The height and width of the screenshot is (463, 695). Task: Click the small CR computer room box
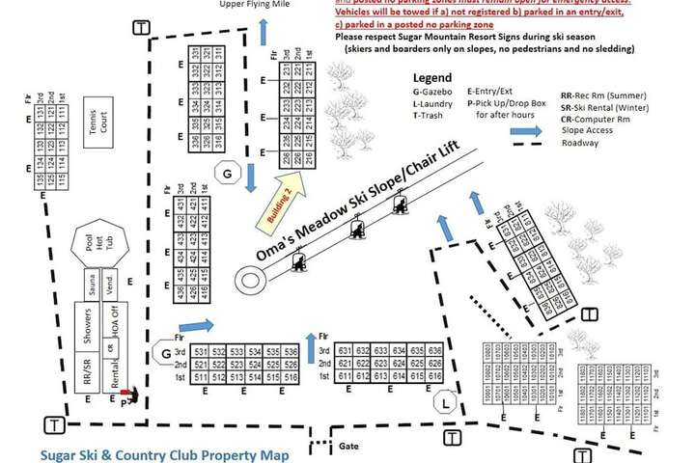click(x=113, y=347)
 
